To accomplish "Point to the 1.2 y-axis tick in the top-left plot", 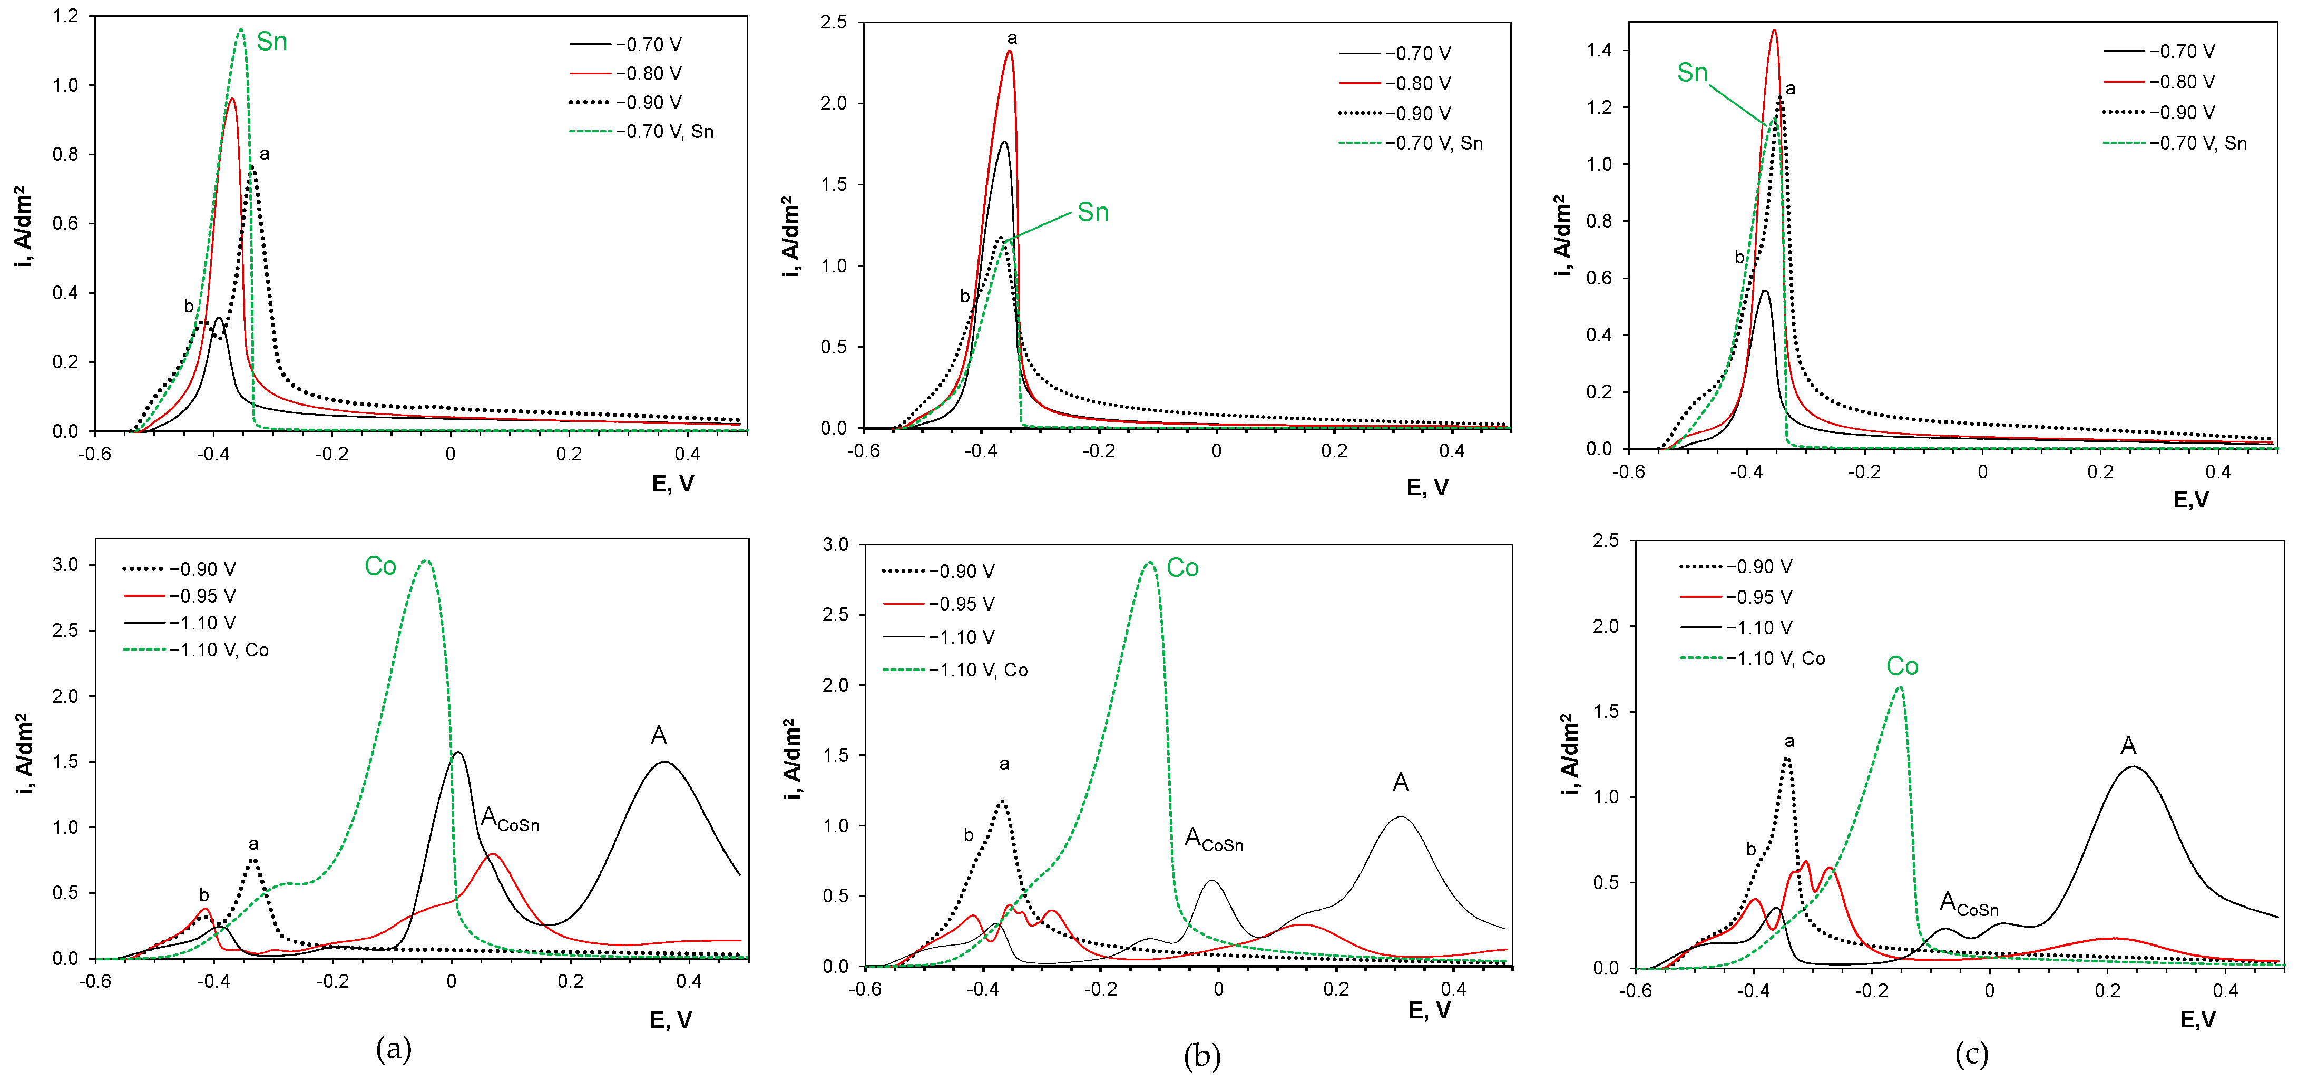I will (x=65, y=16).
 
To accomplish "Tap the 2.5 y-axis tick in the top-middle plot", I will (x=833, y=23).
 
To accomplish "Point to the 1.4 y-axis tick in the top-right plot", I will (x=1599, y=50).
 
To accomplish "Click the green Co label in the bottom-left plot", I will (x=380, y=566).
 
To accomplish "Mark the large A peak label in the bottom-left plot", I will (x=659, y=735).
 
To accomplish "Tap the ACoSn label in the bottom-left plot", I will (x=510, y=819).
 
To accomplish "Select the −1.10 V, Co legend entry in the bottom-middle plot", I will (x=979, y=670).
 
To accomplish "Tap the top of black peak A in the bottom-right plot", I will (x=2133, y=767).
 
